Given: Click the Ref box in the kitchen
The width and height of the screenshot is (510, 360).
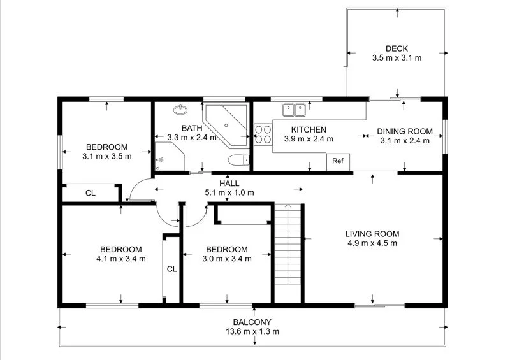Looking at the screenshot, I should pyautogui.click(x=339, y=162).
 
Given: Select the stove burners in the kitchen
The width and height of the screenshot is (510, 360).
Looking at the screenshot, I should pyautogui.click(x=261, y=135).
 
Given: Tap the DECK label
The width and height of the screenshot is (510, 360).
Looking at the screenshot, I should pyautogui.click(x=397, y=48).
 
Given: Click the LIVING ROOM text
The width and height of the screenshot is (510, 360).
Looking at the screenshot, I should pyautogui.click(x=372, y=234).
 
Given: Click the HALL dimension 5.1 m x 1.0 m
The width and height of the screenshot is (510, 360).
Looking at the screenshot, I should pyautogui.click(x=229, y=192).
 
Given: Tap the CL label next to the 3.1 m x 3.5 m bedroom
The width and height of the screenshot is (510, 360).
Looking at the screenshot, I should pyautogui.click(x=91, y=193).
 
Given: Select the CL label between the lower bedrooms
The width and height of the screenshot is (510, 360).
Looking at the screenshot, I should pyautogui.click(x=171, y=269).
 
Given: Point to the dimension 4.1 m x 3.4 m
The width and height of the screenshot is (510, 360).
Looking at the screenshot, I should pyautogui.click(x=122, y=259).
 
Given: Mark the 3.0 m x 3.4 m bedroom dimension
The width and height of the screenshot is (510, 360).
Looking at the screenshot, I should pyautogui.click(x=227, y=259).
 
